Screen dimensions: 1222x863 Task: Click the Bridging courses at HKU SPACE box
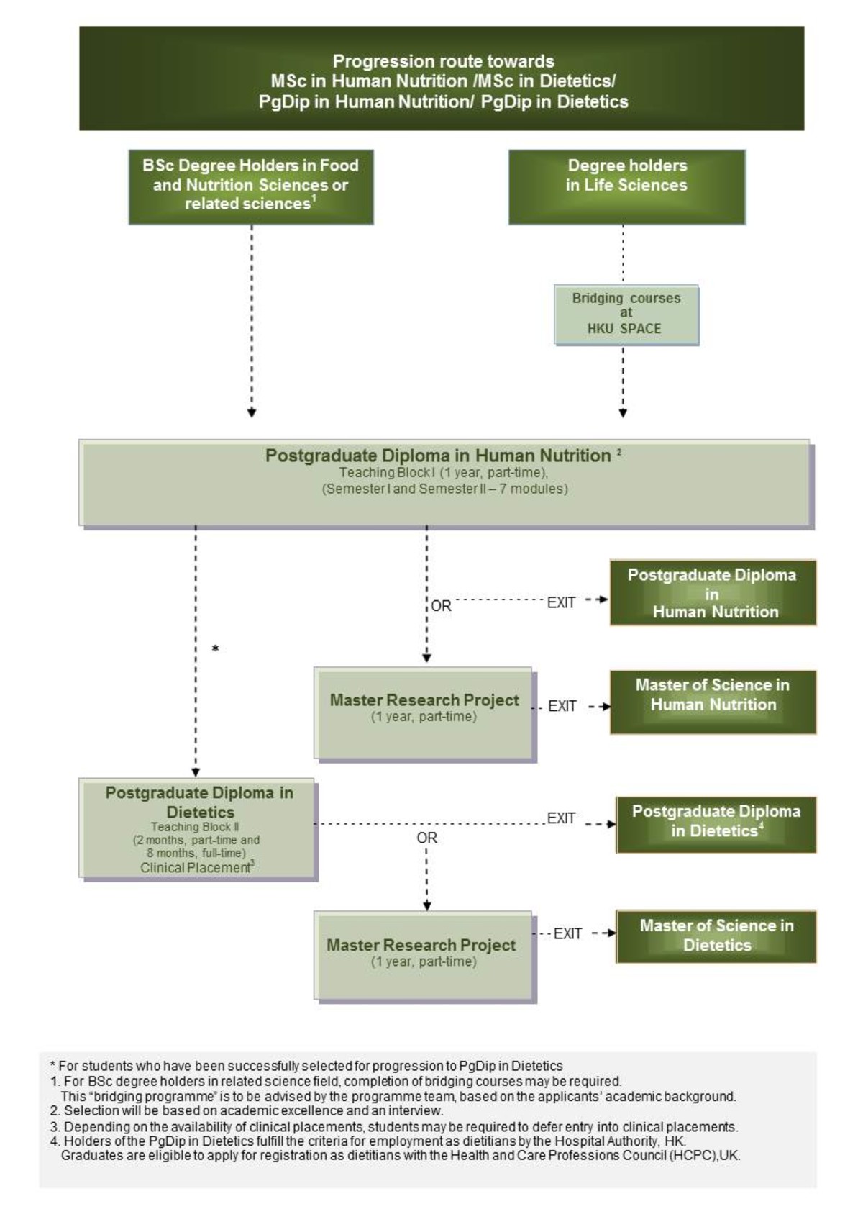(626, 314)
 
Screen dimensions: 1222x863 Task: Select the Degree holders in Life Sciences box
(626, 186)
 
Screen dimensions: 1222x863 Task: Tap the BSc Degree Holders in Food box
(251, 186)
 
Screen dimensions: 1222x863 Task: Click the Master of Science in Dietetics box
(716, 936)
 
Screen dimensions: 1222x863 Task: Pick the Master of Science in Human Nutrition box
(713, 702)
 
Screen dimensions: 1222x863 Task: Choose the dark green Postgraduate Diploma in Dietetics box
(716, 824)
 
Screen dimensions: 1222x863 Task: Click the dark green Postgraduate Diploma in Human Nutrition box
(713, 592)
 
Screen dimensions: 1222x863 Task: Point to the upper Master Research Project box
(424, 712)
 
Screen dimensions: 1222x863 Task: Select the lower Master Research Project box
(424, 956)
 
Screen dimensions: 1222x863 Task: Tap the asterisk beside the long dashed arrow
(215, 649)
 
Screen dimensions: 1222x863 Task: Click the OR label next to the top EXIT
(441, 606)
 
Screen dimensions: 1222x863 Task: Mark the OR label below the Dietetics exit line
(426, 838)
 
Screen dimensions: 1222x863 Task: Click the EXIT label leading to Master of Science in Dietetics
(567, 933)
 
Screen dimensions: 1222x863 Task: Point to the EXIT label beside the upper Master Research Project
(562, 706)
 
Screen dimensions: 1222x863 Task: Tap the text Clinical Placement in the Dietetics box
(194, 868)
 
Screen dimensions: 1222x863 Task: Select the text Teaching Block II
(194, 827)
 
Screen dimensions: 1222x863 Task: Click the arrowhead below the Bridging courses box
(623, 413)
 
